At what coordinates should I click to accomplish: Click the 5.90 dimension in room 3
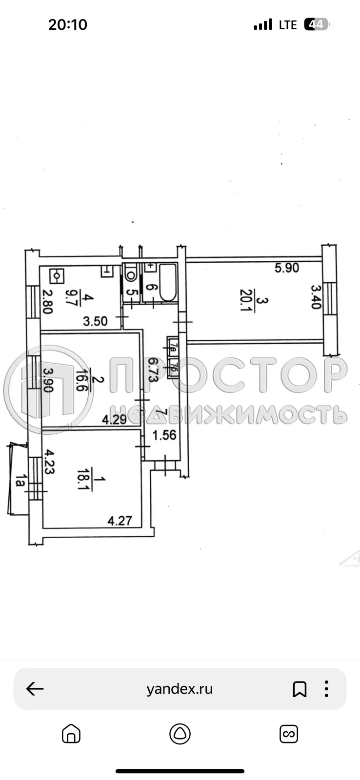pyautogui.click(x=287, y=268)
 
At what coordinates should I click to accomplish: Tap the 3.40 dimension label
pyautogui.click(x=315, y=297)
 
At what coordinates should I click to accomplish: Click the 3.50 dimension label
pyautogui.click(x=95, y=321)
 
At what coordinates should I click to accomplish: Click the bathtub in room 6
pyautogui.click(x=167, y=282)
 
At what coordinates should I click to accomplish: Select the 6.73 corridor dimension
pyautogui.click(x=152, y=370)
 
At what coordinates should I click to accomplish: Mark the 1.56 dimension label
pyautogui.click(x=164, y=435)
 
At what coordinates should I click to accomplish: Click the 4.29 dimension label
pyautogui.click(x=114, y=419)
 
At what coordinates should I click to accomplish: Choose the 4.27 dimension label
pyautogui.click(x=120, y=521)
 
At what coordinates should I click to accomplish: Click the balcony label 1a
pyautogui.click(x=20, y=481)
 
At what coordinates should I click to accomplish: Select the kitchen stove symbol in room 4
pyautogui.click(x=58, y=276)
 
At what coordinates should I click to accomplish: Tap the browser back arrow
pyautogui.click(x=35, y=689)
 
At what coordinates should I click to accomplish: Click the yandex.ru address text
pyautogui.click(x=180, y=689)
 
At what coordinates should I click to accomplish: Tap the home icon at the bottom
pyautogui.click(x=71, y=733)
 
